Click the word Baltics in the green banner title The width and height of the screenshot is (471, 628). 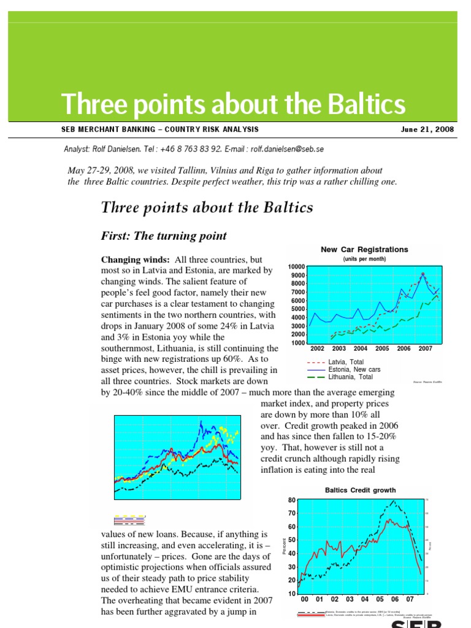[x=359, y=104]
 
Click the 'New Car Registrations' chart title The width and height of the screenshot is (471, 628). [x=364, y=250]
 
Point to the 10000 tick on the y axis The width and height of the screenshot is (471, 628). [x=296, y=267]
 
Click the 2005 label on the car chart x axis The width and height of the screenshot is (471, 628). [x=382, y=348]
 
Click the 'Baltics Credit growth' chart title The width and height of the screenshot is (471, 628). [x=360, y=490]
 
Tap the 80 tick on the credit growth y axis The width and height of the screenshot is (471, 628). [x=292, y=500]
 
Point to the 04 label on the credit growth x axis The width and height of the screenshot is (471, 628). [x=365, y=599]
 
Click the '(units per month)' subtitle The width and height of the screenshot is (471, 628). [x=364, y=259]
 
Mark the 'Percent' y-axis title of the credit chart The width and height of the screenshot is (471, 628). [x=284, y=546]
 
